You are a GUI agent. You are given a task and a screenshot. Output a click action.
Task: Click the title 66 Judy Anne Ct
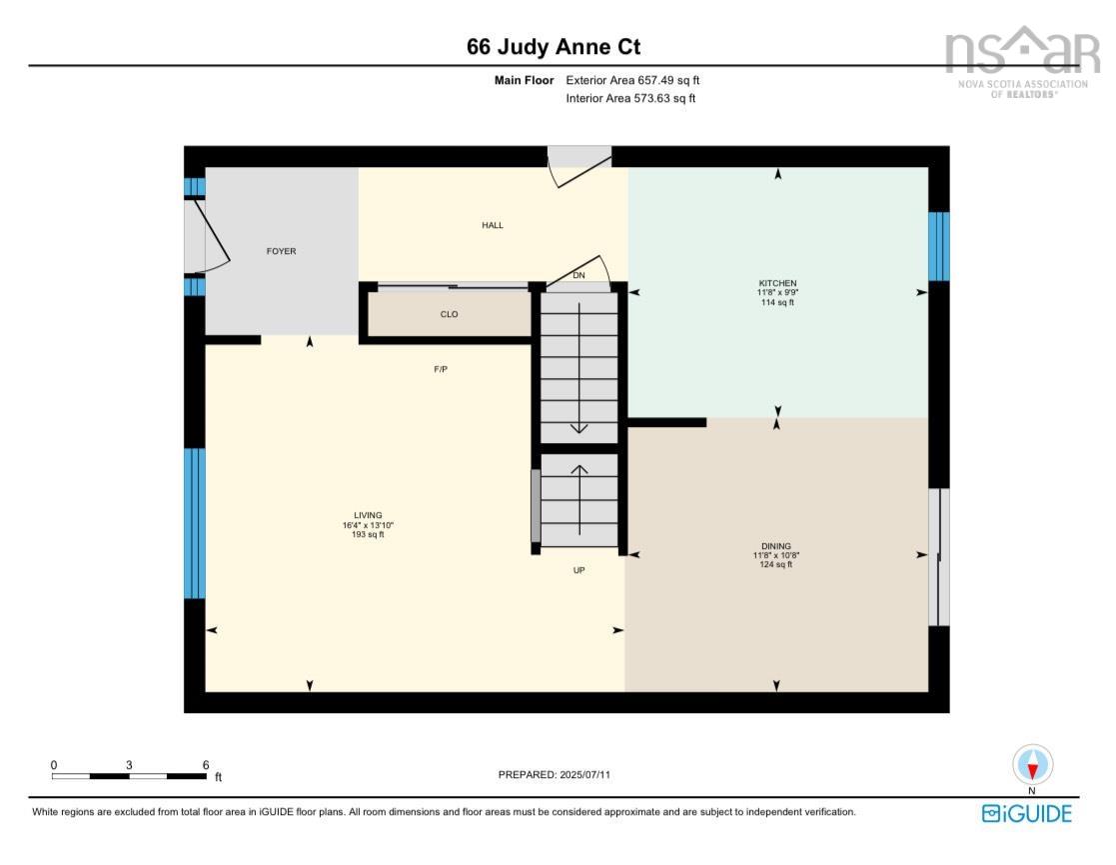click(x=554, y=47)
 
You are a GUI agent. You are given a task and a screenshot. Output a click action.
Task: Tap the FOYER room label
click(x=281, y=252)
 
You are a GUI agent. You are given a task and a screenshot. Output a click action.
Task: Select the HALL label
click(x=493, y=225)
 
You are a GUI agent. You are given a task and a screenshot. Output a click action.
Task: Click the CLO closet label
click(x=450, y=314)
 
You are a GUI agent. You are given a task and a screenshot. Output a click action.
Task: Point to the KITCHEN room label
click(x=777, y=283)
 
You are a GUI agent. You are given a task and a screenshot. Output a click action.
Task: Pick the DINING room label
click(x=775, y=546)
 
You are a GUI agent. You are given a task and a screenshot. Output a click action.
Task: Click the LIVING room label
click(x=368, y=515)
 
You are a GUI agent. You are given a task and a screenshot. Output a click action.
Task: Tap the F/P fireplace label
click(x=441, y=369)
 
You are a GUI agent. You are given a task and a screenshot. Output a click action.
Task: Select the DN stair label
click(x=579, y=275)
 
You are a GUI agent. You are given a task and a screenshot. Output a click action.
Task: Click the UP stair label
click(x=579, y=570)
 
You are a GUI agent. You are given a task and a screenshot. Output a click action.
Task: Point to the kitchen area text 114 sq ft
click(x=777, y=302)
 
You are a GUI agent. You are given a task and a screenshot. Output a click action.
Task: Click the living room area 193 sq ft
click(x=368, y=534)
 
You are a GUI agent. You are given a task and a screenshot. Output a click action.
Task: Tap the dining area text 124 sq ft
click(x=775, y=564)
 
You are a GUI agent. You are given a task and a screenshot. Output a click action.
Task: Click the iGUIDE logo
click(x=1026, y=814)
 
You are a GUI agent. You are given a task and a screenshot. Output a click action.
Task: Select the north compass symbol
click(x=1033, y=765)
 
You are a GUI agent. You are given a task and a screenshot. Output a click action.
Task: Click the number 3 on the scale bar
click(x=129, y=765)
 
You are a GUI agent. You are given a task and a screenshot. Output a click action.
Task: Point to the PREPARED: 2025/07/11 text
click(x=555, y=775)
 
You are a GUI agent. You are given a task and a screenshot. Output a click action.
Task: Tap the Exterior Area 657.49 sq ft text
click(x=632, y=81)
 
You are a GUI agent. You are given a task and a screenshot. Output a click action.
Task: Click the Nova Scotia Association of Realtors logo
click(x=1023, y=62)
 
